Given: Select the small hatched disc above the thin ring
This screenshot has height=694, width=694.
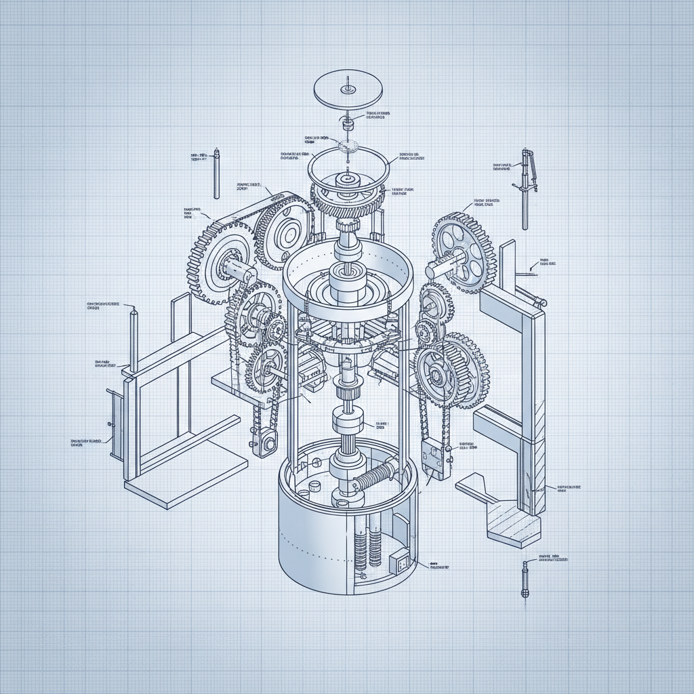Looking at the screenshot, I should point(348,144).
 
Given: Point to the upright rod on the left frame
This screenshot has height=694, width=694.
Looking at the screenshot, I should point(134,339).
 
